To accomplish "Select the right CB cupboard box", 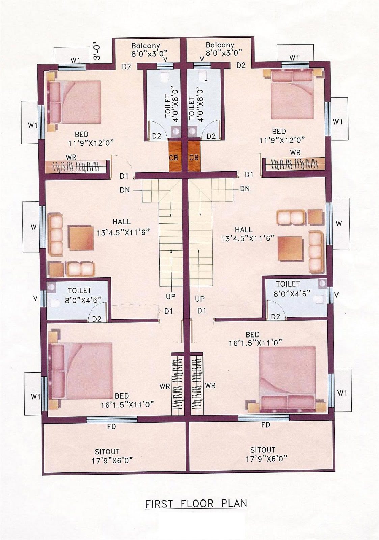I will [x=194, y=157].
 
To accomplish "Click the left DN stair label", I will [x=125, y=190].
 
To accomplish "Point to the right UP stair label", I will [x=200, y=299].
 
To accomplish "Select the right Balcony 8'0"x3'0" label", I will [x=220, y=49].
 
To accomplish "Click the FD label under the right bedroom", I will [x=266, y=425].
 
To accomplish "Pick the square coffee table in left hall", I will [x=81, y=238].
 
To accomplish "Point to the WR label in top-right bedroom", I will [x=295, y=153].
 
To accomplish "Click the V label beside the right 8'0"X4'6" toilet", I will [x=336, y=295].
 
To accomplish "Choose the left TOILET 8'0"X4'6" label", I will [x=80, y=295].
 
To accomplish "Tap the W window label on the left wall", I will [x=33, y=227].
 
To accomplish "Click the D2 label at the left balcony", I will [x=127, y=67].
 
